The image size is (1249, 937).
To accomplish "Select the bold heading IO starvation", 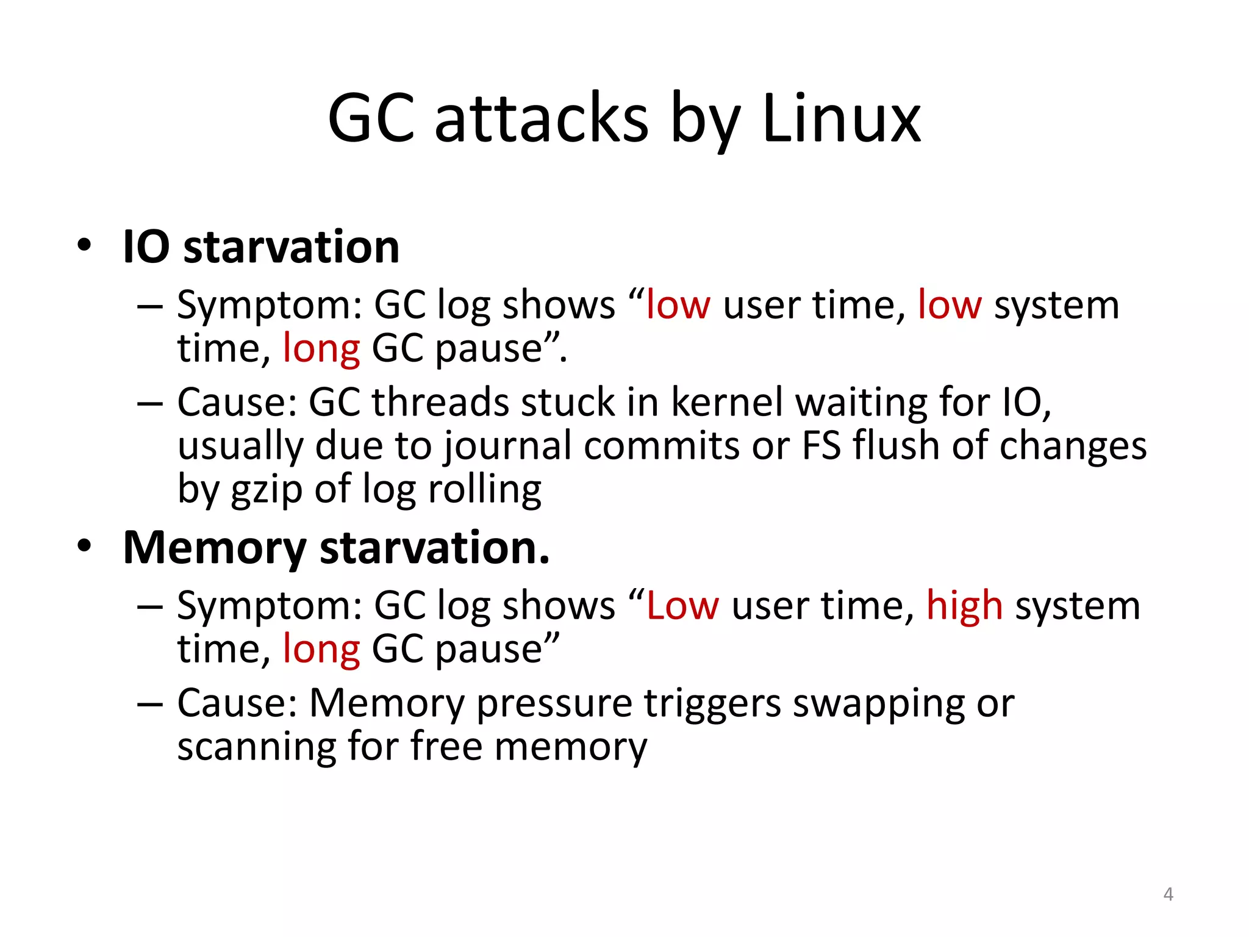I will (x=261, y=247).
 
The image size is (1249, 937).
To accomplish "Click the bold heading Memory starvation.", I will (x=336, y=547).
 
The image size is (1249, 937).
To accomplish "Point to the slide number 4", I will (x=1168, y=894).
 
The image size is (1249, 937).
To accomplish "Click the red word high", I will (x=964, y=606).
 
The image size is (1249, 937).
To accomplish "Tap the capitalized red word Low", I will (x=682, y=606).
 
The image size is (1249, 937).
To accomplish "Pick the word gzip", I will (x=267, y=490).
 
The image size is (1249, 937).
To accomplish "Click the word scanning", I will (x=256, y=746).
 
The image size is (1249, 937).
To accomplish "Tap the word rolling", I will (x=484, y=489).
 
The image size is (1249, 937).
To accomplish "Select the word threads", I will (x=440, y=403).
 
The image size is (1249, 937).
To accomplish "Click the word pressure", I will (x=554, y=703).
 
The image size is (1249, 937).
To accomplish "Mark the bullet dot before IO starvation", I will (x=84, y=246).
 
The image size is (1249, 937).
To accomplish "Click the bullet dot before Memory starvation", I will (x=84, y=547).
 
